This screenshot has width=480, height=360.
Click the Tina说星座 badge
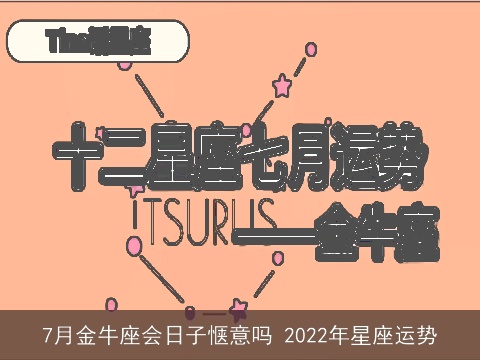[98, 43]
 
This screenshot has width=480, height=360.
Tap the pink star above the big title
[282, 86]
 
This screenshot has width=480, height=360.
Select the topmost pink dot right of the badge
[311, 48]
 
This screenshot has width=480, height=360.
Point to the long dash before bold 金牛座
[270, 232]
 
